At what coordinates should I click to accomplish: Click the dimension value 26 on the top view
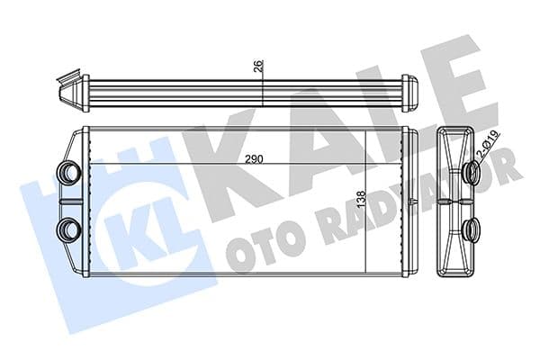coord(258,65)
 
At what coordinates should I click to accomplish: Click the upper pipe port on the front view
coord(69,170)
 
